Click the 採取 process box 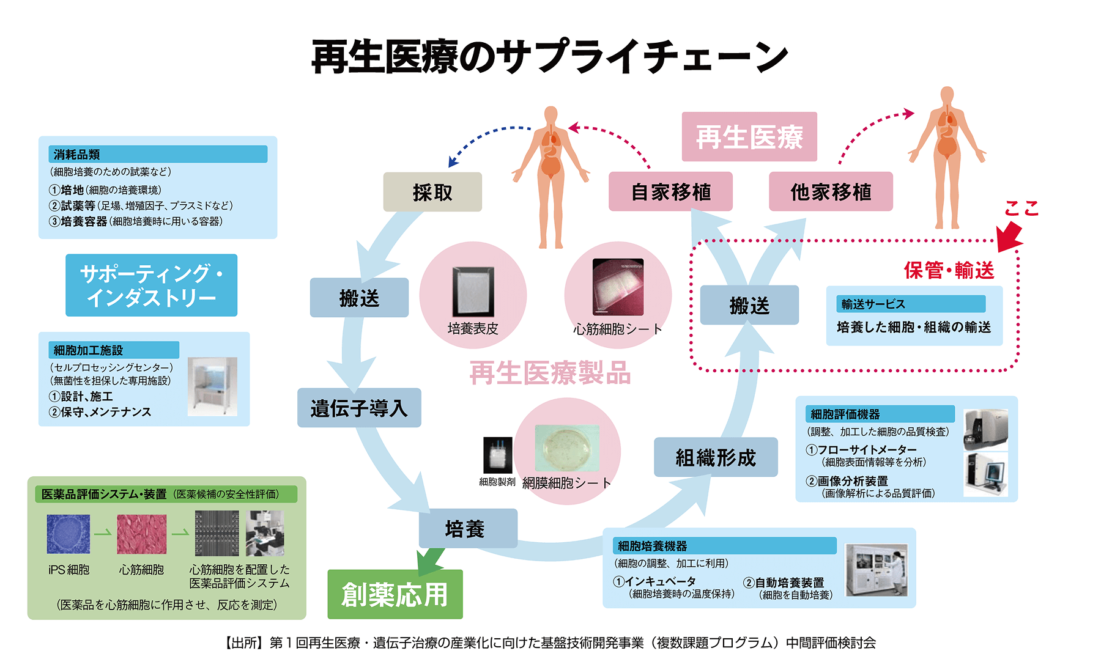click(x=432, y=192)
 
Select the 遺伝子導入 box click(x=359, y=408)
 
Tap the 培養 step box click(x=468, y=529)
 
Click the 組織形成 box click(x=716, y=457)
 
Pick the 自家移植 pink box click(x=670, y=192)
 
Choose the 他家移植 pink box click(x=831, y=192)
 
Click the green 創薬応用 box click(x=395, y=594)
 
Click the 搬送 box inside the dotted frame click(x=749, y=305)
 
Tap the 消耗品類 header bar click(x=158, y=154)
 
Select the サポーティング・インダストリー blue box click(x=151, y=285)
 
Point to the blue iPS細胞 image click(x=69, y=534)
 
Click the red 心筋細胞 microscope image click(x=141, y=534)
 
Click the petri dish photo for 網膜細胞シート click(x=566, y=448)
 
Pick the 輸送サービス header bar click(x=911, y=304)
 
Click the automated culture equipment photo click(x=877, y=570)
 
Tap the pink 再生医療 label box click(x=749, y=137)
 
